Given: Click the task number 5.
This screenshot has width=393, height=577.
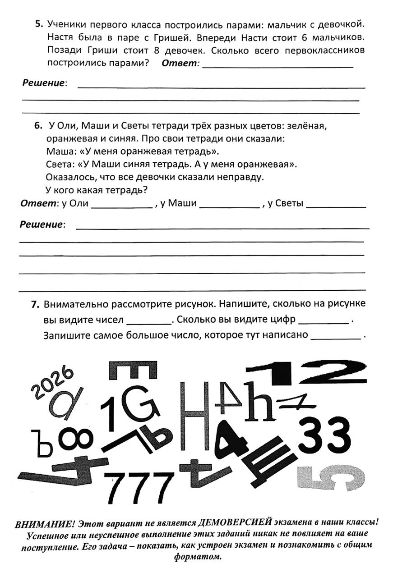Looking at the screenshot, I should [x=39, y=23].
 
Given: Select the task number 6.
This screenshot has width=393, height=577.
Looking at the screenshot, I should [x=38, y=126].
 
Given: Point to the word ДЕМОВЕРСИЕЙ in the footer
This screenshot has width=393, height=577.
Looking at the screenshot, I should [x=235, y=523].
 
